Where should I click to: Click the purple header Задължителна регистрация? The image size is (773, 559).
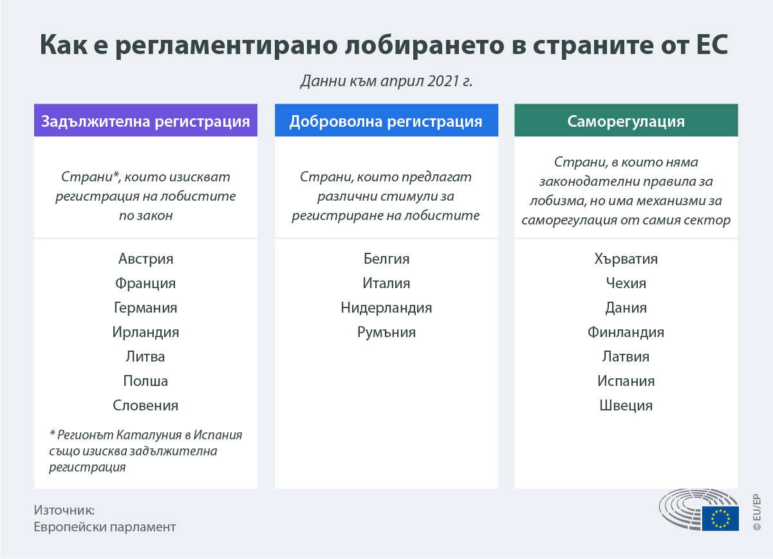pyautogui.click(x=145, y=120)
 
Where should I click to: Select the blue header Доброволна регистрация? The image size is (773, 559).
pyautogui.click(x=386, y=120)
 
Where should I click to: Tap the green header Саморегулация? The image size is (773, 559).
pyautogui.click(x=626, y=120)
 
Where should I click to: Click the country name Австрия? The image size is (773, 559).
pyautogui.click(x=145, y=259)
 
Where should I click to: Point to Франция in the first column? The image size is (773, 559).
pyautogui.click(x=145, y=284)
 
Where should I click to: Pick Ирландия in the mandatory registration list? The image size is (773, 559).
pyautogui.click(x=145, y=332)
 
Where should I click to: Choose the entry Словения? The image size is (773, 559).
pyautogui.click(x=145, y=405)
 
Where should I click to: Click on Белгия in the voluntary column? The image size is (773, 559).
pyautogui.click(x=386, y=259)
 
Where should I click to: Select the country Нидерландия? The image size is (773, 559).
pyautogui.click(x=386, y=307)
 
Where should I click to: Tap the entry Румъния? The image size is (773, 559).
pyautogui.click(x=386, y=332)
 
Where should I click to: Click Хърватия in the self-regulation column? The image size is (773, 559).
pyautogui.click(x=626, y=259)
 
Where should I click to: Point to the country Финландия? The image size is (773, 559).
pyautogui.click(x=626, y=332)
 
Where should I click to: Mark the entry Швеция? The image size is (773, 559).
pyautogui.click(x=626, y=405)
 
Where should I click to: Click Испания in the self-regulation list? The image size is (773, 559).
pyautogui.click(x=626, y=381)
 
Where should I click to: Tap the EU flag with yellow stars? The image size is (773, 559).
pyautogui.click(x=720, y=518)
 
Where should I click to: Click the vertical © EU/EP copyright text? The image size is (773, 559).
pyautogui.click(x=757, y=512)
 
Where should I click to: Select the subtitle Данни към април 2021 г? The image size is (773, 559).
pyautogui.click(x=386, y=82)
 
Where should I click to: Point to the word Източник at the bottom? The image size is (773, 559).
pyautogui.click(x=64, y=510)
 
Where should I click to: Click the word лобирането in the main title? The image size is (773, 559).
pyautogui.click(x=424, y=45)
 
